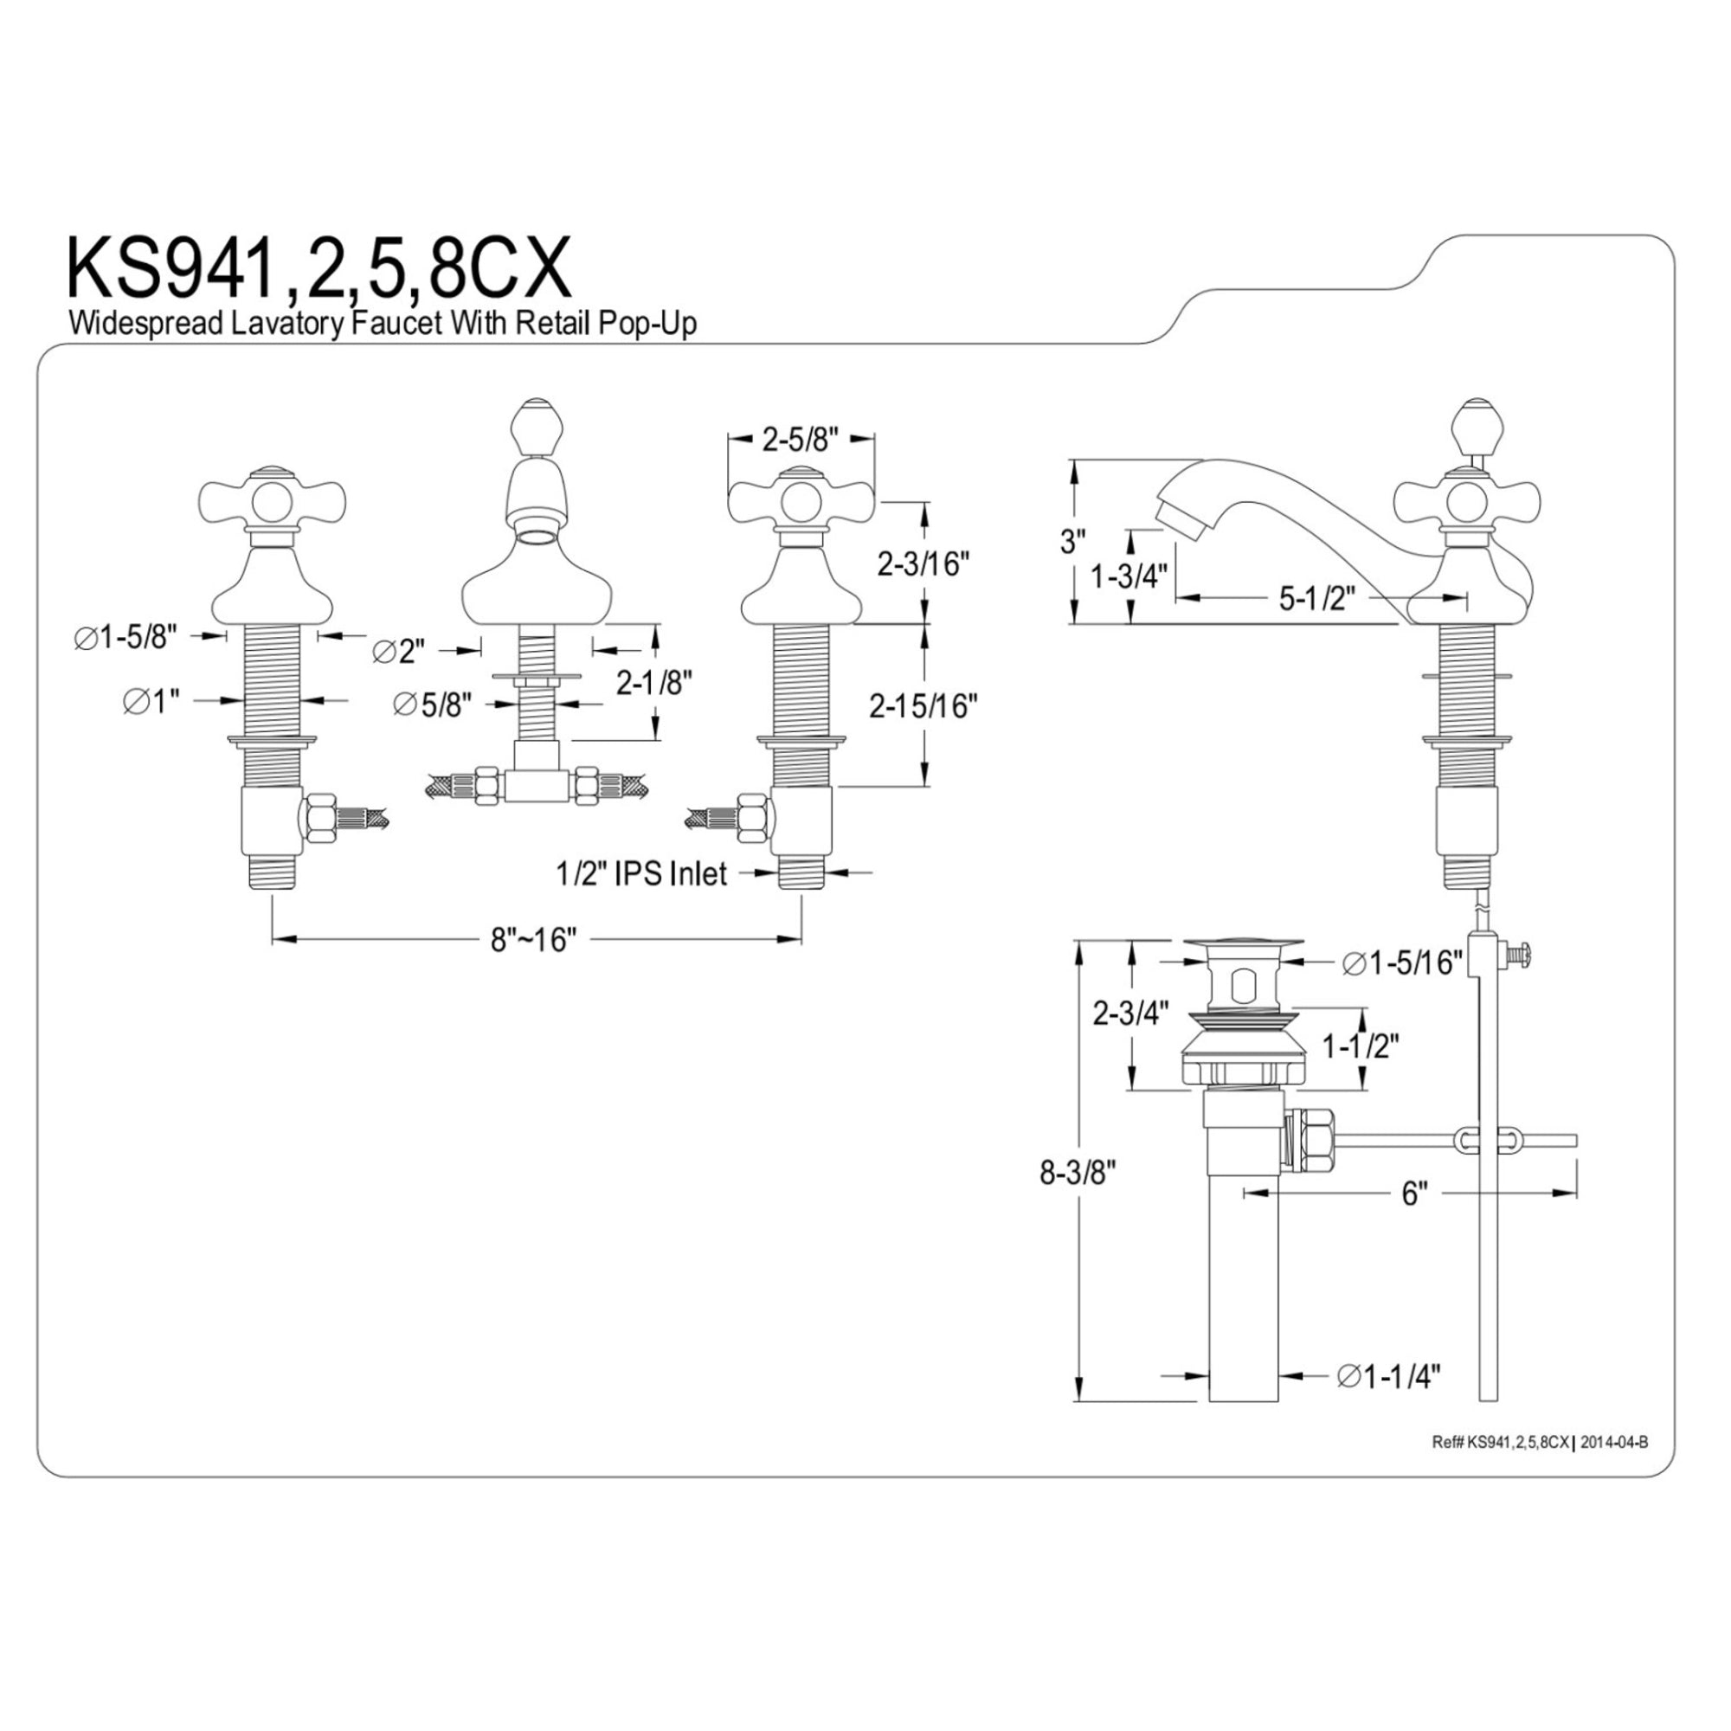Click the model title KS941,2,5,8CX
[x=320, y=270]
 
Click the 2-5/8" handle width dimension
[x=799, y=438]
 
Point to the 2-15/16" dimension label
[x=922, y=707]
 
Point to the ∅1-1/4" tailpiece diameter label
[x=1390, y=1400]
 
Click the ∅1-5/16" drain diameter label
[x=1403, y=963]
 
